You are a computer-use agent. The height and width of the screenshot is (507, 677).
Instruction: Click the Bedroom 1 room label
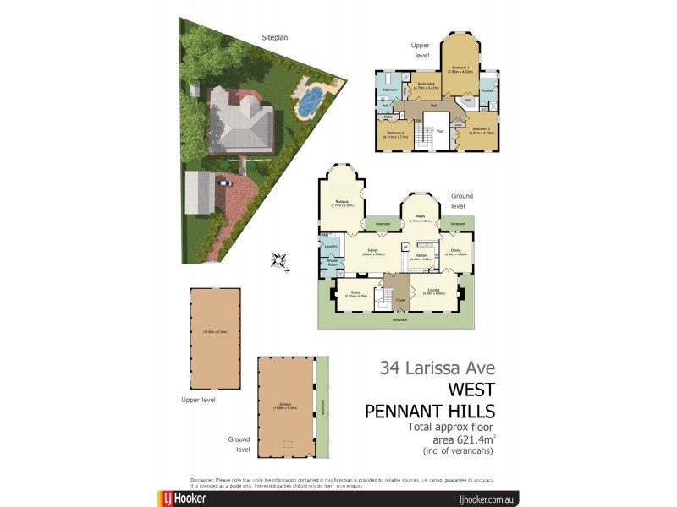pyautogui.click(x=460, y=68)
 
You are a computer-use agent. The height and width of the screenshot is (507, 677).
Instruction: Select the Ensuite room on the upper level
pyautogui.click(x=487, y=89)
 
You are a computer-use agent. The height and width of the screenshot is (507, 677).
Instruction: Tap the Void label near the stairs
pyautogui.click(x=440, y=131)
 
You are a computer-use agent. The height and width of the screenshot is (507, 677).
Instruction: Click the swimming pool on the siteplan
pyautogui.click(x=308, y=101)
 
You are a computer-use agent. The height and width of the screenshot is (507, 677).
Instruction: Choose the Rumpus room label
pyautogui.click(x=343, y=203)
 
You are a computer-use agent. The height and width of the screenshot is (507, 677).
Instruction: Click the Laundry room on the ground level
pyautogui.click(x=331, y=247)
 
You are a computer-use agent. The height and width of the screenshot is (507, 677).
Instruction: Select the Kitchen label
pyautogui.click(x=421, y=256)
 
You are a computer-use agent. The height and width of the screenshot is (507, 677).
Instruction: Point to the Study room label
pyautogui.click(x=355, y=293)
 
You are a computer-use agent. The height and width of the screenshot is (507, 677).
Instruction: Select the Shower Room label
pyautogui.click(x=333, y=264)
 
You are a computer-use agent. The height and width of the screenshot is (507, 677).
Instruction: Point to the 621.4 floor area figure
pyautogui.click(x=469, y=439)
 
